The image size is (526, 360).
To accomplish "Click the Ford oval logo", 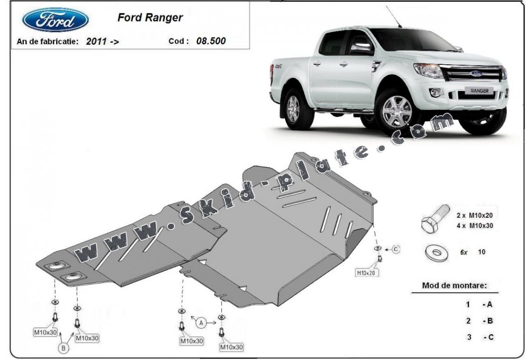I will (x=56, y=20).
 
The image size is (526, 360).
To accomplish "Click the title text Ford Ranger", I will (x=150, y=18).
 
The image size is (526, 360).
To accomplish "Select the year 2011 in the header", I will (x=97, y=42).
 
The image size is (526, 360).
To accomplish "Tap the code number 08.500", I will (x=211, y=41).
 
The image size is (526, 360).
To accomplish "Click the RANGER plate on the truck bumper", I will (x=479, y=91).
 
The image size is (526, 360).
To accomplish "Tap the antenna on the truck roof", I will (x=394, y=16).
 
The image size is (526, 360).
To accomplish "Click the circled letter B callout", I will (x=63, y=349).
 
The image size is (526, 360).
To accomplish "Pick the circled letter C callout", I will (x=395, y=249).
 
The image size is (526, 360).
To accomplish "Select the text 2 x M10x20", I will (x=474, y=215).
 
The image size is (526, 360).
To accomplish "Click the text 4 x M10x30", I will (x=474, y=225).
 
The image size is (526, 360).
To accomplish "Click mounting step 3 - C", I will (x=479, y=337).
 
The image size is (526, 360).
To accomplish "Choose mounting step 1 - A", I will (x=479, y=304).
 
